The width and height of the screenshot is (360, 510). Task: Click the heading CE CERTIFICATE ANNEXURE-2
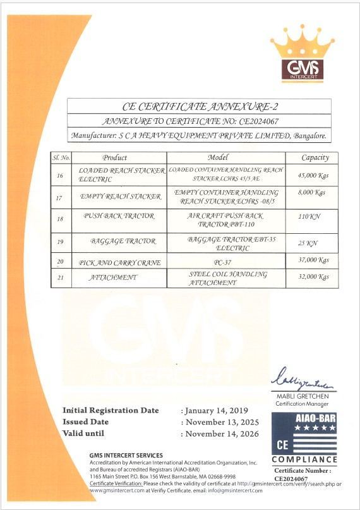[x=199, y=106]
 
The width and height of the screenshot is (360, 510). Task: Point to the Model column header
[x=226, y=157]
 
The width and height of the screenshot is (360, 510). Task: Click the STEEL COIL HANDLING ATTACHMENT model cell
[x=226, y=278]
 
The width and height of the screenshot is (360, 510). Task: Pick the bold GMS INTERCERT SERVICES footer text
[x=126, y=455]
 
